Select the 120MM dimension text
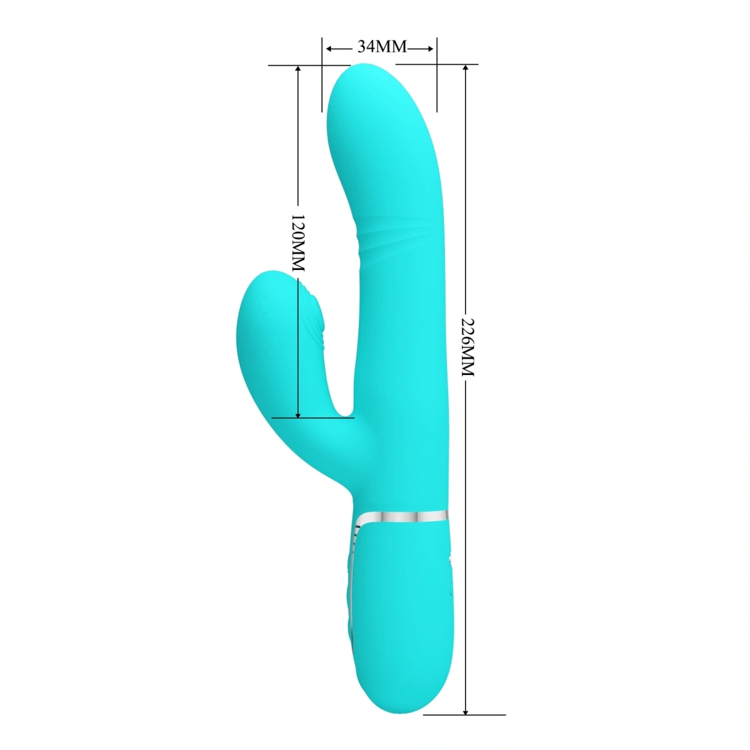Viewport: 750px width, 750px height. click(x=297, y=242)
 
